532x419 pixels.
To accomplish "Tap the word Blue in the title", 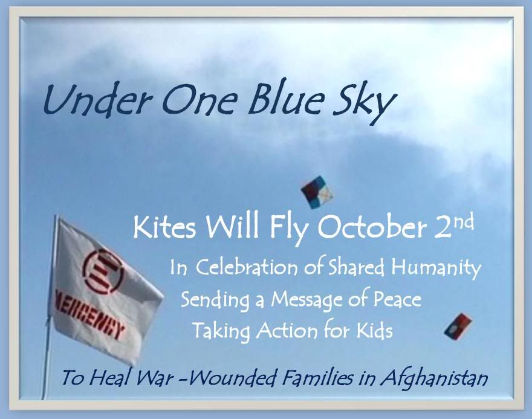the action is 284,100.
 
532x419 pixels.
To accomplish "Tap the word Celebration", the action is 246,267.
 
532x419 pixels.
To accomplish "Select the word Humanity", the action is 436,268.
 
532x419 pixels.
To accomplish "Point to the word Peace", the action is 397,299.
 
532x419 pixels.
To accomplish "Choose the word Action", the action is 287,330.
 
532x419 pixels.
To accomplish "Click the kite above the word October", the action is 317,192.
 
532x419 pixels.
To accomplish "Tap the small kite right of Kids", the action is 458,326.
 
